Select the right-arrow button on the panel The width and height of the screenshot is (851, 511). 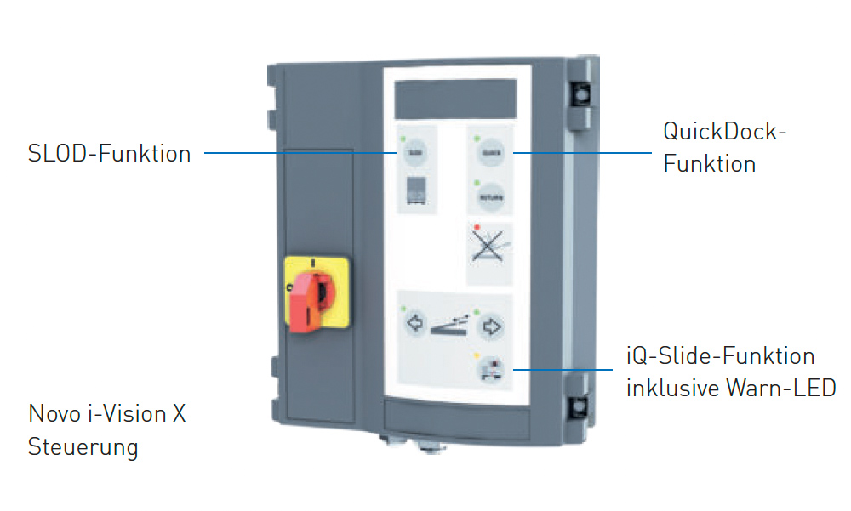[x=493, y=324]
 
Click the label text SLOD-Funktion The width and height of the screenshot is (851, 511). [x=109, y=154]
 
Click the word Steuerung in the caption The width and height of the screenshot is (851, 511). [x=83, y=446]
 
